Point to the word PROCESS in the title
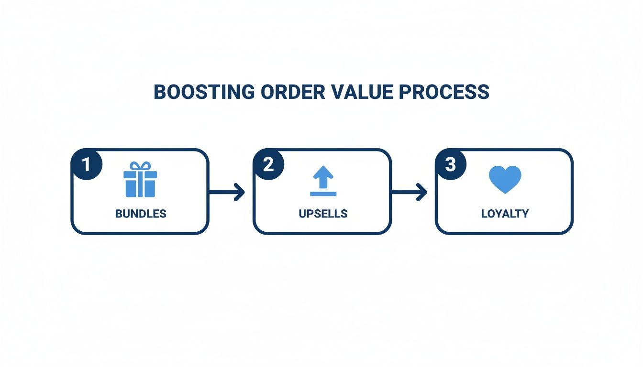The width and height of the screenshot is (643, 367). click(x=444, y=92)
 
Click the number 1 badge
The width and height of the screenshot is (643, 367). click(x=86, y=165)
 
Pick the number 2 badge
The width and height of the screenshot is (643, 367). click(x=268, y=165)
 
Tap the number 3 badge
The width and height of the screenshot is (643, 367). click(x=451, y=165)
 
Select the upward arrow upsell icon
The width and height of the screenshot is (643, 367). click(x=323, y=177)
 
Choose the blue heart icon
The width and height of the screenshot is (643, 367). click(x=505, y=179)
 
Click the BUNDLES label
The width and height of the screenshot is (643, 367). click(x=141, y=214)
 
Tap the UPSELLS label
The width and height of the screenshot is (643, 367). click(x=323, y=214)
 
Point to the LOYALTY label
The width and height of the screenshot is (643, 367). click(x=505, y=214)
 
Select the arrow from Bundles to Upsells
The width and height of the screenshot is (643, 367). click(x=226, y=192)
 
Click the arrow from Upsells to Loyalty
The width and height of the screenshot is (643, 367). click(x=409, y=192)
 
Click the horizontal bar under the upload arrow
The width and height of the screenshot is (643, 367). click(x=323, y=194)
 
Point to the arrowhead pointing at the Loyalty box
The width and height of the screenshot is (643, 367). click(x=422, y=192)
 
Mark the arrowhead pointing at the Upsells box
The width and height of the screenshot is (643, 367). click(x=240, y=192)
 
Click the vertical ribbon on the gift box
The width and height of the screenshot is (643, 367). click(x=140, y=184)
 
